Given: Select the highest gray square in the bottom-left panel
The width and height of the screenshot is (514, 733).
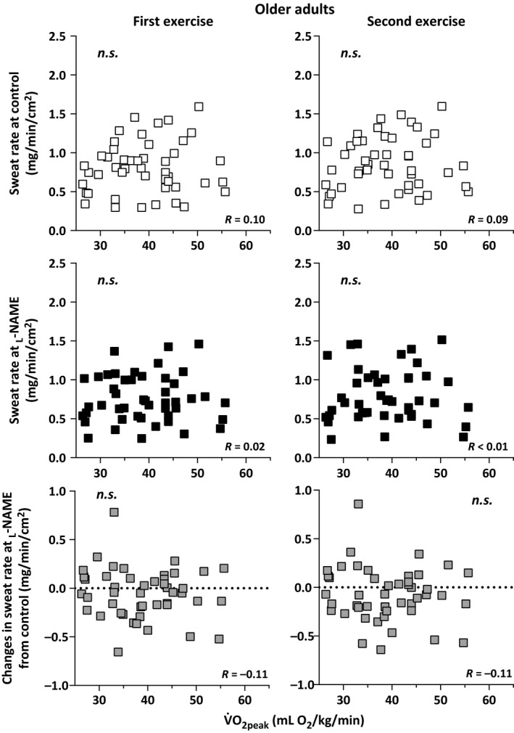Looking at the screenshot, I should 115,512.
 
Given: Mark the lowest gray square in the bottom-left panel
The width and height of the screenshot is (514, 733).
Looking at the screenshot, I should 117,652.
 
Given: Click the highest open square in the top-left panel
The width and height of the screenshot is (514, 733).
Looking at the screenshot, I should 199,107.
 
